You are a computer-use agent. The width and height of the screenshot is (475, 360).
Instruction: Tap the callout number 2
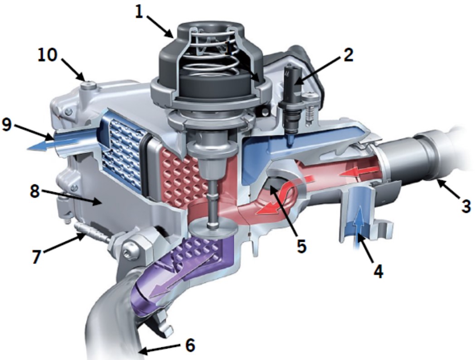pyautogui.click(x=348, y=55)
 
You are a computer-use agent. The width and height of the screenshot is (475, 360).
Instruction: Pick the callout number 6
pyautogui.click(x=190, y=345)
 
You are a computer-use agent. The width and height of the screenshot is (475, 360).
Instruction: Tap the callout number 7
pyautogui.click(x=37, y=256)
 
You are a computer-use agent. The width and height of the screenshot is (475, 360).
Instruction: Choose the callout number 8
pyautogui.click(x=35, y=191)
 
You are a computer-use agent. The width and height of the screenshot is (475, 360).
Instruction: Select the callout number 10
pyautogui.click(x=48, y=55)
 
